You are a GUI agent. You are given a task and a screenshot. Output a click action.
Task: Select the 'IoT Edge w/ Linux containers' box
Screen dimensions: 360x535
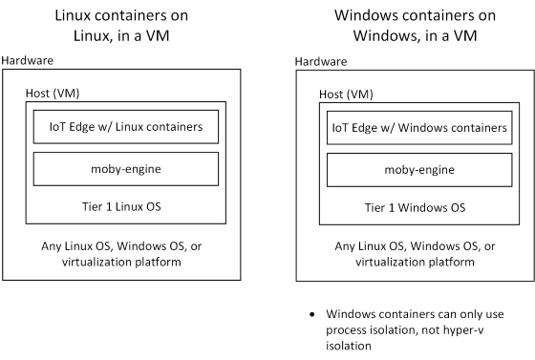pos(126,126)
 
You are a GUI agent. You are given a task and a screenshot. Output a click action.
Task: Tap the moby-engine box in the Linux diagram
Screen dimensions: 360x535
pos(126,168)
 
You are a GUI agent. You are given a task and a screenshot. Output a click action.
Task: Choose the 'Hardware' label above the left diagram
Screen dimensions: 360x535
pos(28,60)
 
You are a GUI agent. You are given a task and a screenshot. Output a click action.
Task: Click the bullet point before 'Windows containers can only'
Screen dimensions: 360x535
pos(313,314)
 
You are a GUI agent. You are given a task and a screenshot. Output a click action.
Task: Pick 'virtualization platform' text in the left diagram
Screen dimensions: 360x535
pos(126,261)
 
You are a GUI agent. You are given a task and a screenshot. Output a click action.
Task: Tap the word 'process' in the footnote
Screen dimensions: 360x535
pos(350,330)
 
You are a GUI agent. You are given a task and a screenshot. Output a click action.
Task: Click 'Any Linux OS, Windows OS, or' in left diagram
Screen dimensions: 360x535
pos(126,244)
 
